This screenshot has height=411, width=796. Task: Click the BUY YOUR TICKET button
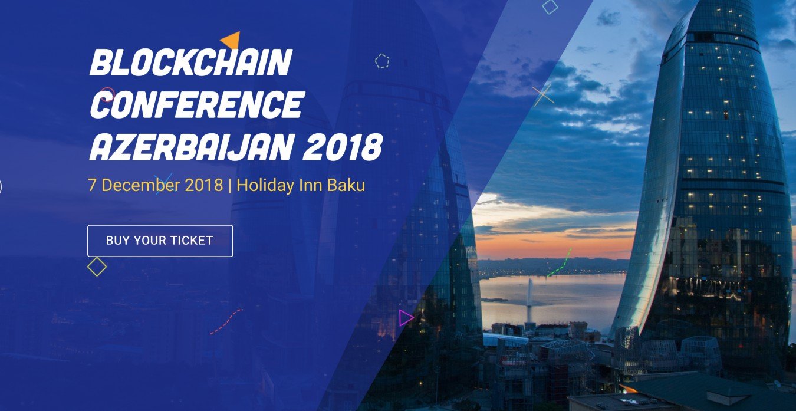click(160, 241)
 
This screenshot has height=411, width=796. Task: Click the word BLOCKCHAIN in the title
click(191, 63)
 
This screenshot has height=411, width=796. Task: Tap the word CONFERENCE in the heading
click(197, 104)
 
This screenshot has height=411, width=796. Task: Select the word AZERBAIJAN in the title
click(192, 147)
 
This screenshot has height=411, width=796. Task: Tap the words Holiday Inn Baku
click(301, 185)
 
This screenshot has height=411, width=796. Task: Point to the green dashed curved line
click(561, 263)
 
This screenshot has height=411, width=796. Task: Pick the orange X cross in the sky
click(542, 95)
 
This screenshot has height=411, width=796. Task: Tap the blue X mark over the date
click(163, 184)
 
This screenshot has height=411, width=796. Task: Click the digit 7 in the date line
click(91, 185)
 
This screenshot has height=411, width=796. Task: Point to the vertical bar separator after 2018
click(229, 186)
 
